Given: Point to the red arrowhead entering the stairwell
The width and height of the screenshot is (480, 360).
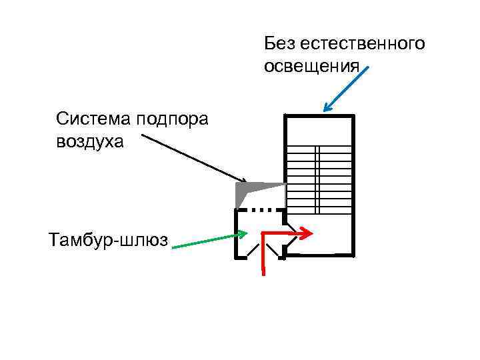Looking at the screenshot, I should coord(307,233).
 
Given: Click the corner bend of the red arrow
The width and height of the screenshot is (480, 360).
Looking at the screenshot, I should coord(264,234).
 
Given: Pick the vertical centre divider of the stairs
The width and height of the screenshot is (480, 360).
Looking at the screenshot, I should coord(318,180).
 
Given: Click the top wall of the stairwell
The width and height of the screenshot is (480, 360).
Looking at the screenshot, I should coord(319,116).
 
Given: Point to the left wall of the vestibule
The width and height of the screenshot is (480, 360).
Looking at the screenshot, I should coord(235,233).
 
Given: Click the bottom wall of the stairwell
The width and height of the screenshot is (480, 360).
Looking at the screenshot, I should coord(319,255).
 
